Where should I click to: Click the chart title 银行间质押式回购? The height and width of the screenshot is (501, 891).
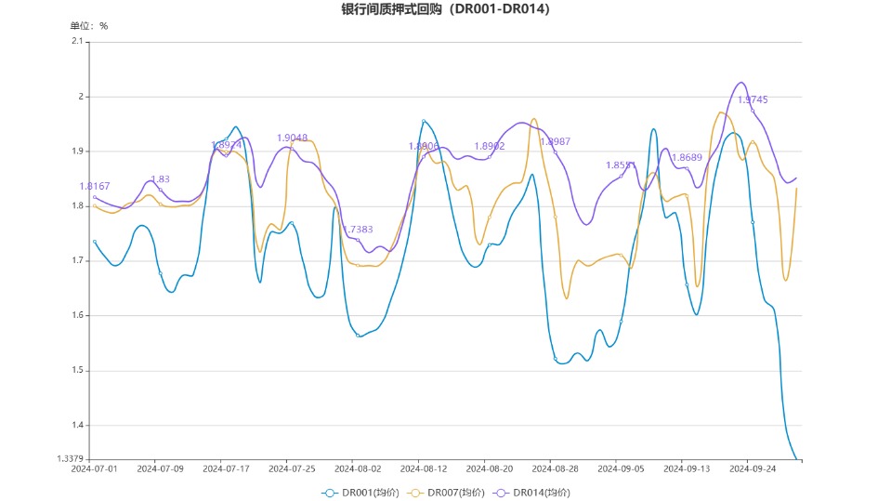445,9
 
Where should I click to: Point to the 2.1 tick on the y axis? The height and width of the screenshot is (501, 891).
77,41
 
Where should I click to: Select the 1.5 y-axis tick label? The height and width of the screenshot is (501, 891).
77,371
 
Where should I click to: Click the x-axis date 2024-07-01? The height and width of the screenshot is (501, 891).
95,469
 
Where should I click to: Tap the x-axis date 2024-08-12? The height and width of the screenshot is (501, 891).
424,469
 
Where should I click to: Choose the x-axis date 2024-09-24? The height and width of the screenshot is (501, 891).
753,469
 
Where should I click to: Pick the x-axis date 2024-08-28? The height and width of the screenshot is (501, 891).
556,469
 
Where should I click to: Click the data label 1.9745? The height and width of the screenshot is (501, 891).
753,99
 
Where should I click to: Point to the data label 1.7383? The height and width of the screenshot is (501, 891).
358,229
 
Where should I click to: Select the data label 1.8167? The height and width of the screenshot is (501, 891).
95,186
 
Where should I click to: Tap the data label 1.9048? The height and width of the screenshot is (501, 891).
292,138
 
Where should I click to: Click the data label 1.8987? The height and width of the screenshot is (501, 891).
555,141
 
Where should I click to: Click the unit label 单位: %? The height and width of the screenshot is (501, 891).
89,26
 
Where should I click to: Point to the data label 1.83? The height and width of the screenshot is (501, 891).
160,179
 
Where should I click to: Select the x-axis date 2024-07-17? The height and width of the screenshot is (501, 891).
226,469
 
